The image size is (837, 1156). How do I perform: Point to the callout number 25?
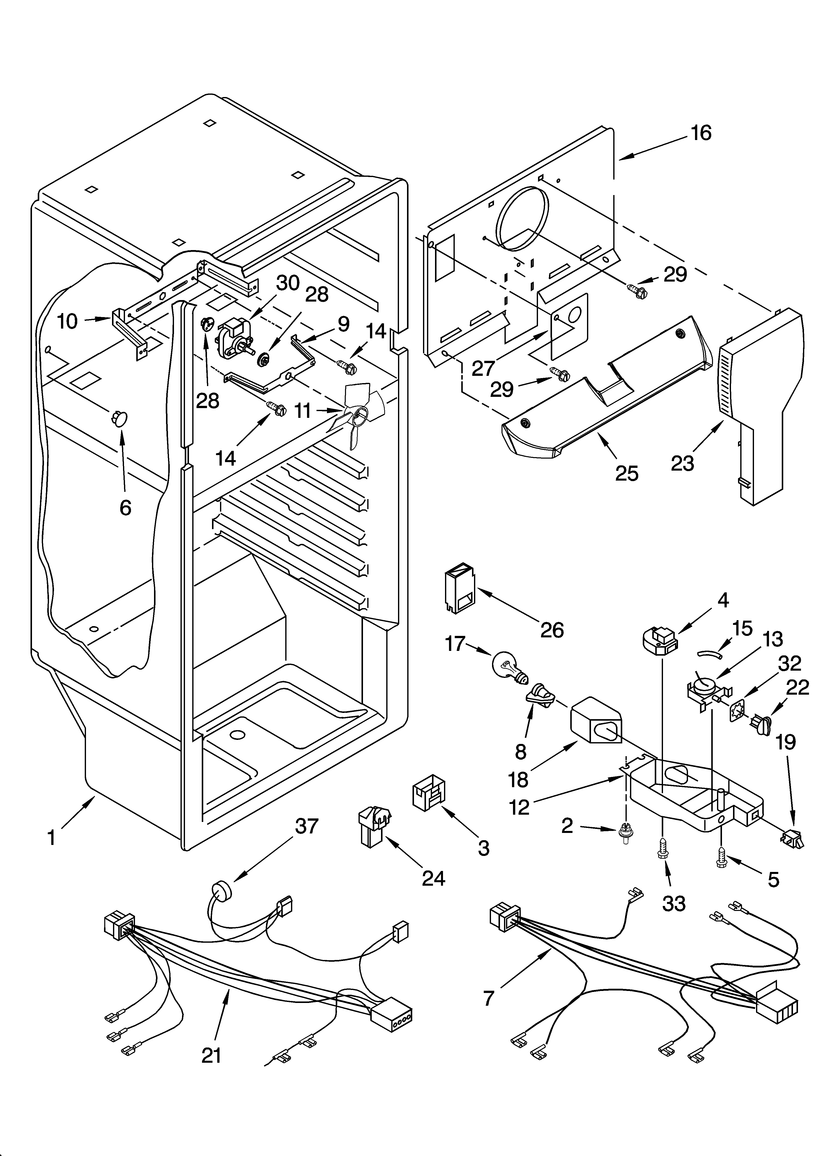click(x=626, y=474)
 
